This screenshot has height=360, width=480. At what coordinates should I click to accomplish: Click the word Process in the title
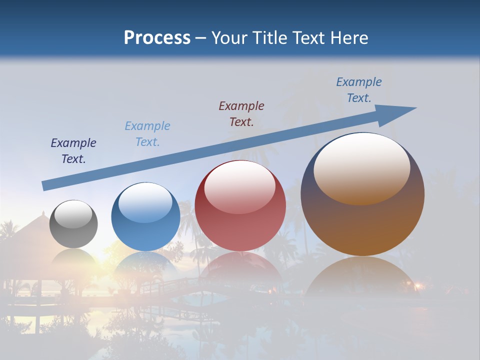click(157, 37)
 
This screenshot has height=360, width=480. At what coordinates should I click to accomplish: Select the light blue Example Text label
click(147, 134)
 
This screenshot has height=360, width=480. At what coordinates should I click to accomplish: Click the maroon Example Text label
click(241, 113)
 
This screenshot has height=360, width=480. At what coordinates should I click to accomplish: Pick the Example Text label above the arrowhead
click(358, 90)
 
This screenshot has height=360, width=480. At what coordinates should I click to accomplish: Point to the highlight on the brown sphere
click(361, 167)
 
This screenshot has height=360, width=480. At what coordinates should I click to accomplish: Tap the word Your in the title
click(228, 37)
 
